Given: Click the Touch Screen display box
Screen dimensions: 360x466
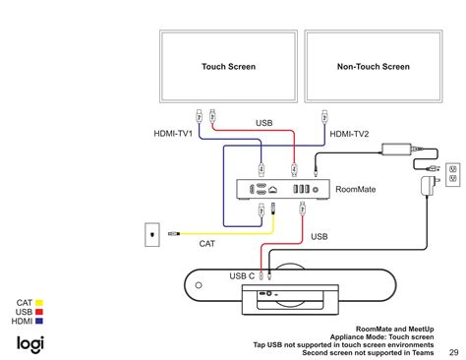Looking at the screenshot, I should pyautogui.click(x=228, y=67).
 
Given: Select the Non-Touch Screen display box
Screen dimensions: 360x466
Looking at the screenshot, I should pyautogui.click(x=373, y=67).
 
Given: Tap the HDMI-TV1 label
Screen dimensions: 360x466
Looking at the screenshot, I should pyautogui.click(x=174, y=133).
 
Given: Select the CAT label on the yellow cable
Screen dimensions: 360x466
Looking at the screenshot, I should pyautogui.click(x=206, y=243).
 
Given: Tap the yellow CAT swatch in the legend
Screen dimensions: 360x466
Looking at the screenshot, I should pyautogui.click(x=40, y=303).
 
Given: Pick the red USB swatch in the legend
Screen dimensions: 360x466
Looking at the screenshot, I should pyautogui.click(x=40, y=312).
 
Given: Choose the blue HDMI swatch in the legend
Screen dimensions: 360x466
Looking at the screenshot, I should pyautogui.click(x=40, y=321).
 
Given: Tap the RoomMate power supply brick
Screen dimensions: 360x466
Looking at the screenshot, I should pyautogui.click(x=399, y=147).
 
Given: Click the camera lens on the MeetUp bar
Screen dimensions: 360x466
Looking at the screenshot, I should pyautogui.click(x=264, y=294).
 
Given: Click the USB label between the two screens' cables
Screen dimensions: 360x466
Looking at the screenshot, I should pyautogui.click(x=264, y=124).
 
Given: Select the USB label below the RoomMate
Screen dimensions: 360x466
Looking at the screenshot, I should pyautogui.click(x=320, y=236).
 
